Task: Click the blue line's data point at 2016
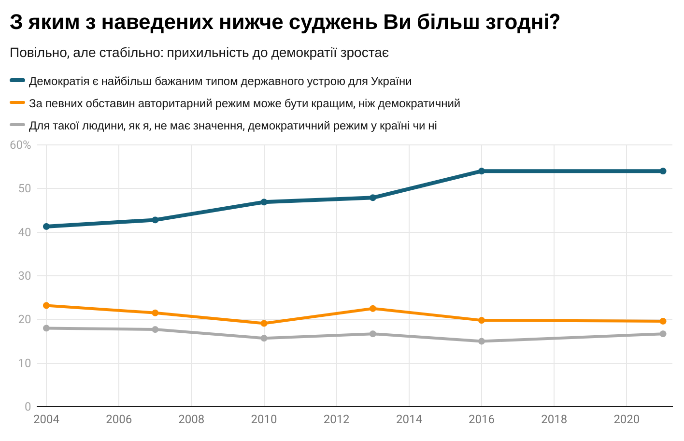coord(482,171)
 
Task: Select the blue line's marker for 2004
coord(46,227)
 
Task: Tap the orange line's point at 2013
coord(373,309)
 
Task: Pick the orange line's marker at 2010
coord(264,324)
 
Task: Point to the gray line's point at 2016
coord(482,341)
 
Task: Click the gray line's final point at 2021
coord(663,334)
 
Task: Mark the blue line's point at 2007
coord(155,220)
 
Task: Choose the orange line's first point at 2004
coord(46,306)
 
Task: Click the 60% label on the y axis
coord(20,145)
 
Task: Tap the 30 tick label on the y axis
coord(25,276)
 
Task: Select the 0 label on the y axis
coord(28,407)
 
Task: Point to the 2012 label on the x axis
coord(336,419)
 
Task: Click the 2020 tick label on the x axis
coord(627,419)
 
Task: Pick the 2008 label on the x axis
coord(191,419)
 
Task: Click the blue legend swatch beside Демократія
coord(17,81)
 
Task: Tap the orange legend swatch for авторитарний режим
coord(17,103)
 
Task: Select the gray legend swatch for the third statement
coord(17,125)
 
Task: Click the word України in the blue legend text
coord(391,81)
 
